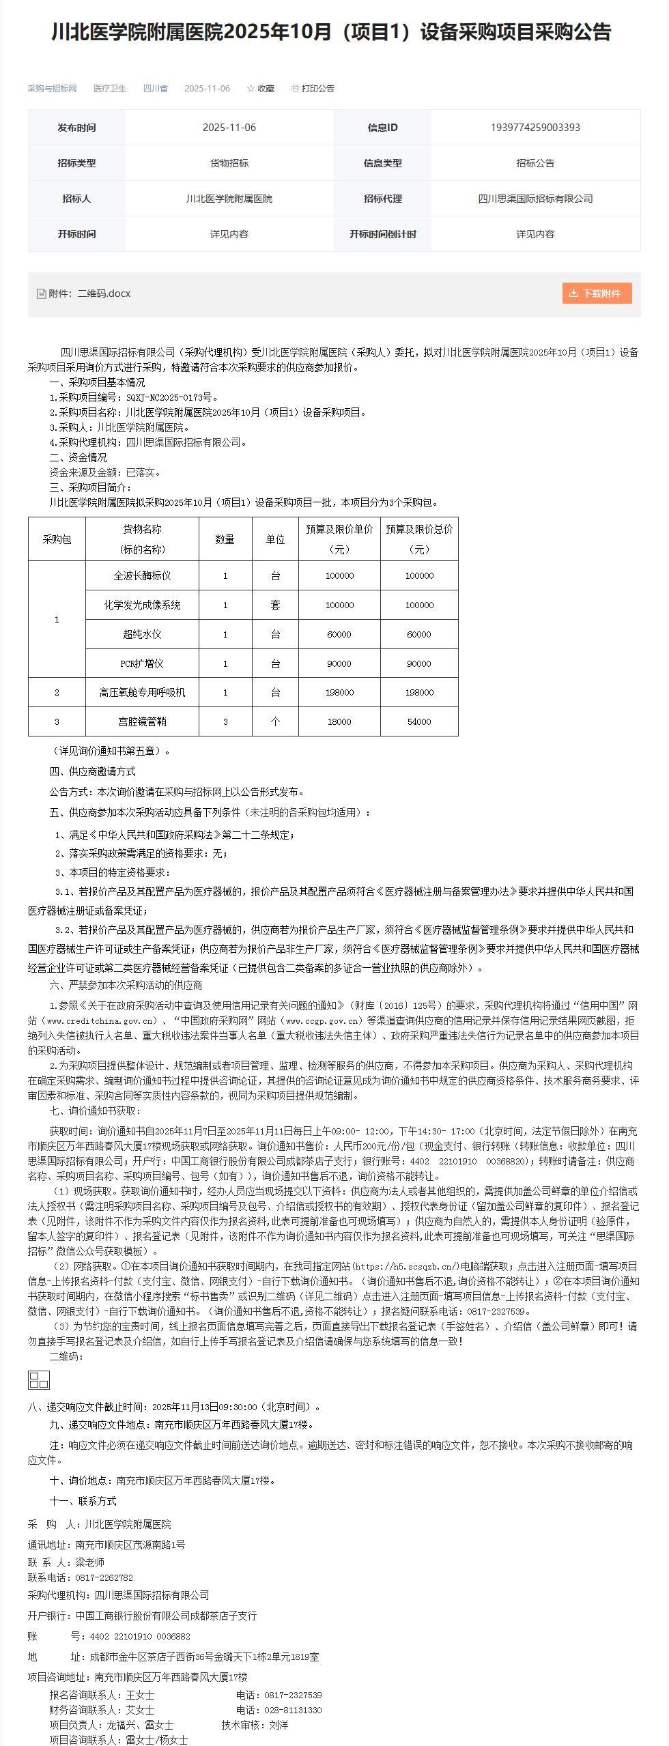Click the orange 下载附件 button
tap(597, 293)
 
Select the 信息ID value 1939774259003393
tap(535, 128)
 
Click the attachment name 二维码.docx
tap(104, 294)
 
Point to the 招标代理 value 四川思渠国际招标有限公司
tap(535, 199)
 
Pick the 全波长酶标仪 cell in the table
tap(142, 575)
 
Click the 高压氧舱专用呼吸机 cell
tap(142, 692)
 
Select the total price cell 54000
tap(418, 721)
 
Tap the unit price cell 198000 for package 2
tap(339, 692)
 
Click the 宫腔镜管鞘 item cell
tap(142, 721)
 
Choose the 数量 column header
tap(225, 539)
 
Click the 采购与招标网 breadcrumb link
tap(52, 89)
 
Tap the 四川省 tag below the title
tap(155, 89)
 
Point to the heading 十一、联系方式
tap(83, 1501)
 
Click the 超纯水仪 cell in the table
tap(142, 634)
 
